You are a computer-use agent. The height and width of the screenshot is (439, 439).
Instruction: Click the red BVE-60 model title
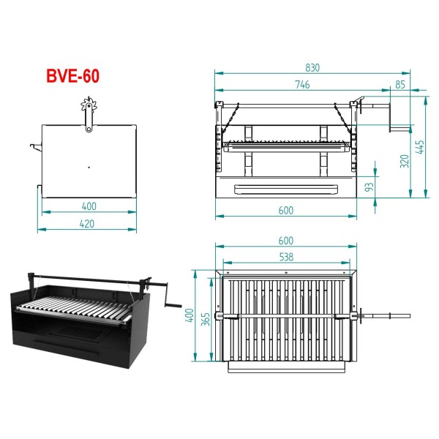click(72, 76)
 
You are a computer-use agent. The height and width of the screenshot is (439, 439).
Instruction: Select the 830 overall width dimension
click(312, 68)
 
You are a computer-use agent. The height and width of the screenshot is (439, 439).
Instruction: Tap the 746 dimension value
click(302, 85)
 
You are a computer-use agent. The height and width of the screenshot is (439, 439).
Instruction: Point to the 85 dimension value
click(400, 85)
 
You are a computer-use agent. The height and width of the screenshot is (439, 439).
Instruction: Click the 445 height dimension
click(420, 147)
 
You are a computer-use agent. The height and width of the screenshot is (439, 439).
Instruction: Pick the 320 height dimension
click(405, 161)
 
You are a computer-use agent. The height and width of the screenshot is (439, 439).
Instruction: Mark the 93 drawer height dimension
click(369, 187)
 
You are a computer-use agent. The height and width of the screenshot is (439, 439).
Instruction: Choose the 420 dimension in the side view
click(87, 224)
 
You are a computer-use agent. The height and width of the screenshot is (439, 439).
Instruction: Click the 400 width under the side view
click(89, 206)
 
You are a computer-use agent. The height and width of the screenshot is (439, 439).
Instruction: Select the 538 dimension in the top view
click(286, 257)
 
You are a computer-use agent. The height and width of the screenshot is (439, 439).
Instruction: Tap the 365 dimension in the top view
click(206, 319)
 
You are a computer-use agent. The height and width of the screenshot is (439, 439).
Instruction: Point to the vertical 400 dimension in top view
click(190, 315)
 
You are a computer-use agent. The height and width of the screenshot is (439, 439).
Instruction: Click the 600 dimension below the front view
click(286, 211)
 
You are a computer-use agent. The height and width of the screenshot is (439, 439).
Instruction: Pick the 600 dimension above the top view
click(286, 241)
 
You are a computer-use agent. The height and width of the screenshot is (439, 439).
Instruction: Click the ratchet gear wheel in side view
click(89, 105)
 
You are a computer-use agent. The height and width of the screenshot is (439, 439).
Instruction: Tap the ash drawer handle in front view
click(286, 190)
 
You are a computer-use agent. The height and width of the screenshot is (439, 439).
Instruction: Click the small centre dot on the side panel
click(89, 168)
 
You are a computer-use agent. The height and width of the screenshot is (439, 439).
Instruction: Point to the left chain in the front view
click(230, 118)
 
